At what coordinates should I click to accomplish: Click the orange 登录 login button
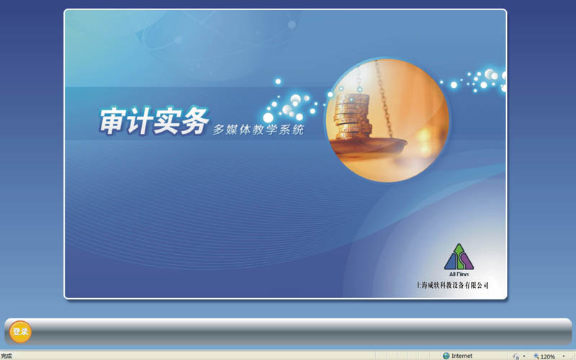click(20, 332)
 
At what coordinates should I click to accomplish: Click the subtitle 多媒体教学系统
click(258, 130)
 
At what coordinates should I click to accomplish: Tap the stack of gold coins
click(352, 117)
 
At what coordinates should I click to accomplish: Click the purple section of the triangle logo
click(467, 261)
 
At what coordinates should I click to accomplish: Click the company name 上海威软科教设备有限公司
click(453, 285)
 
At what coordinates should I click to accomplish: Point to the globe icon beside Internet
click(446, 356)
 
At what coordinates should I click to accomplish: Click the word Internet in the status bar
click(462, 356)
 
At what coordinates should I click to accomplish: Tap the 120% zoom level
click(547, 356)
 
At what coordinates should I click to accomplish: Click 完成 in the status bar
click(6, 356)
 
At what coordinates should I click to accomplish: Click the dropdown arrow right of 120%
click(564, 356)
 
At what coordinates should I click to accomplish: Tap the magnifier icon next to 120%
click(536, 356)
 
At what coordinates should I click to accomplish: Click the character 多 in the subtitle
click(219, 130)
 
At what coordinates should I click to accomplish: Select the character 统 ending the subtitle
click(298, 130)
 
